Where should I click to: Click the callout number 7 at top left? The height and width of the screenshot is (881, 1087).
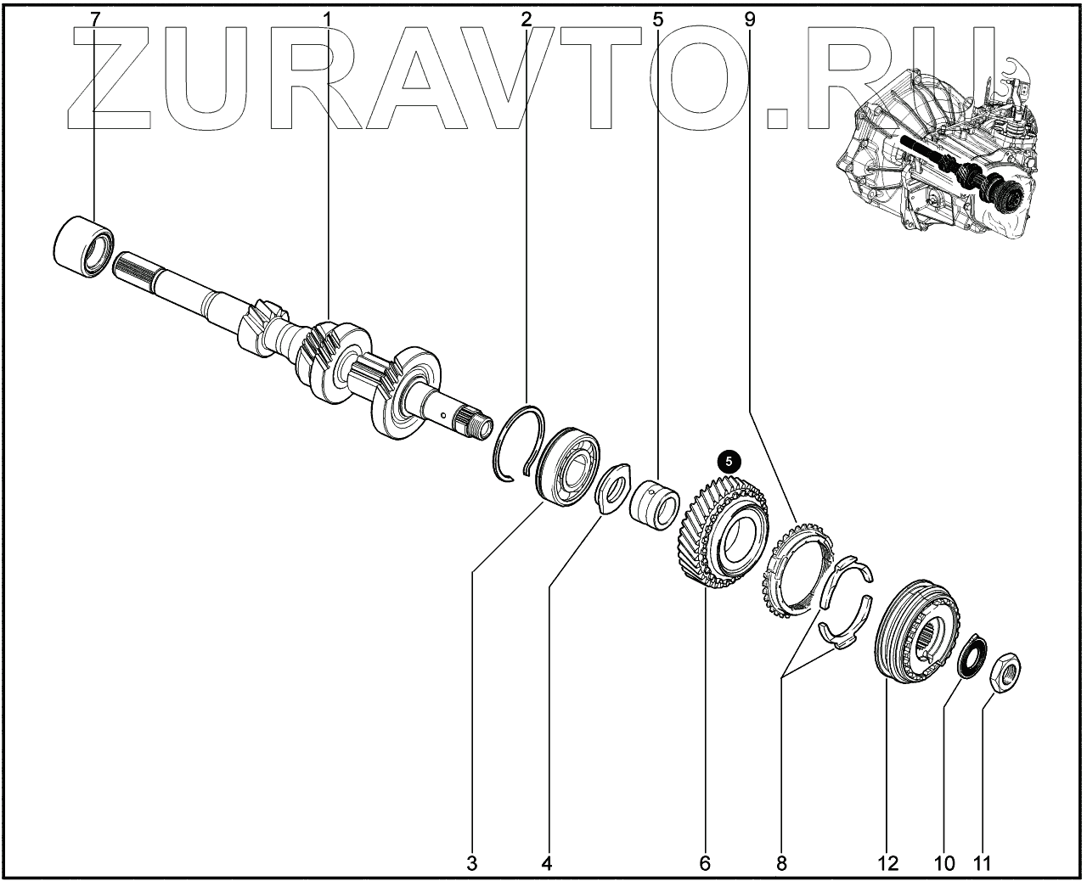94,18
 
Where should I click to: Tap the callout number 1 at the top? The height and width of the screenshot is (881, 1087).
328,18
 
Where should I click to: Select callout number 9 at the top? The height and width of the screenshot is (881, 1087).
748,18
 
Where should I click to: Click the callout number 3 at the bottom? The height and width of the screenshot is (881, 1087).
471,864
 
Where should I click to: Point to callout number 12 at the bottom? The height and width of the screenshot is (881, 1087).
887,864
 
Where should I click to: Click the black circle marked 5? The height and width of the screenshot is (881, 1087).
729,461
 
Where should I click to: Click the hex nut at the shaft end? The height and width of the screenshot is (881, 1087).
1005,672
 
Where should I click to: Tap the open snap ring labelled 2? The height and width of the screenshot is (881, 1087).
519,441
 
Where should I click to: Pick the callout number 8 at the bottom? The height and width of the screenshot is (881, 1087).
781,864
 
